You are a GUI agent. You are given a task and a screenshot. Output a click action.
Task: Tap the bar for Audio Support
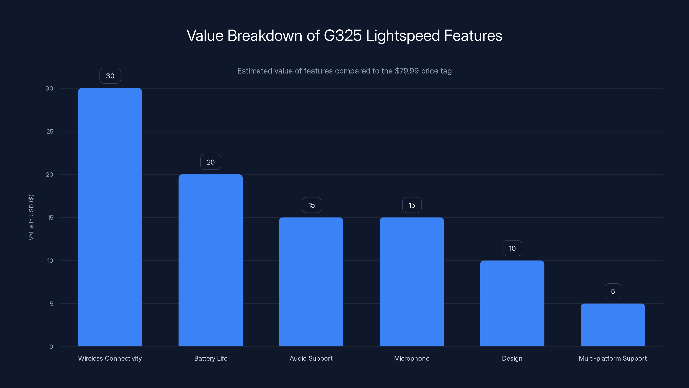point(311,282)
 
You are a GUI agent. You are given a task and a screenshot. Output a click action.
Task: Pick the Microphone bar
point(412,282)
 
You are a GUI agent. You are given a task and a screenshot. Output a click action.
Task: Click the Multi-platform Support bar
point(613,325)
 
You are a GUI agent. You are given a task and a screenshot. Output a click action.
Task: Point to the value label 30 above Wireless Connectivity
point(110,76)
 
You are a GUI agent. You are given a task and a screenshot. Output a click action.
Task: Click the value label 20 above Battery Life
point(211,162)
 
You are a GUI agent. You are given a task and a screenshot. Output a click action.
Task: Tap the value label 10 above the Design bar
point(512,248)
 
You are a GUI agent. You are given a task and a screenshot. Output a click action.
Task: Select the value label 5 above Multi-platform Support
point(613,291)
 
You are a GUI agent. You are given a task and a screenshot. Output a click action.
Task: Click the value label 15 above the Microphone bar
point(412,205)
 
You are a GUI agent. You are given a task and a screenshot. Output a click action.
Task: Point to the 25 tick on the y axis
point(50,131)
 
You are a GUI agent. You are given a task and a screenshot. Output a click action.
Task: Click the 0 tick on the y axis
point(51,347)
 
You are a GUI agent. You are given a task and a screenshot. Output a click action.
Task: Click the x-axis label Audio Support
point(311,358)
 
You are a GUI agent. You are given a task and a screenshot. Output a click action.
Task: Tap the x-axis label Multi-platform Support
point(613,358)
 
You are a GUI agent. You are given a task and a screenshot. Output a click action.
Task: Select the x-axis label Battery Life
point(211,358)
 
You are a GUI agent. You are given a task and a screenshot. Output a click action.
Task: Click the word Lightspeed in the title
point(403,36)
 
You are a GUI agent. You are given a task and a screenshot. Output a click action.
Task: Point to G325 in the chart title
point(343,36)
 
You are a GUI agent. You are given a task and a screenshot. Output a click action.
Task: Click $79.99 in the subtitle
point(407,71)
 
